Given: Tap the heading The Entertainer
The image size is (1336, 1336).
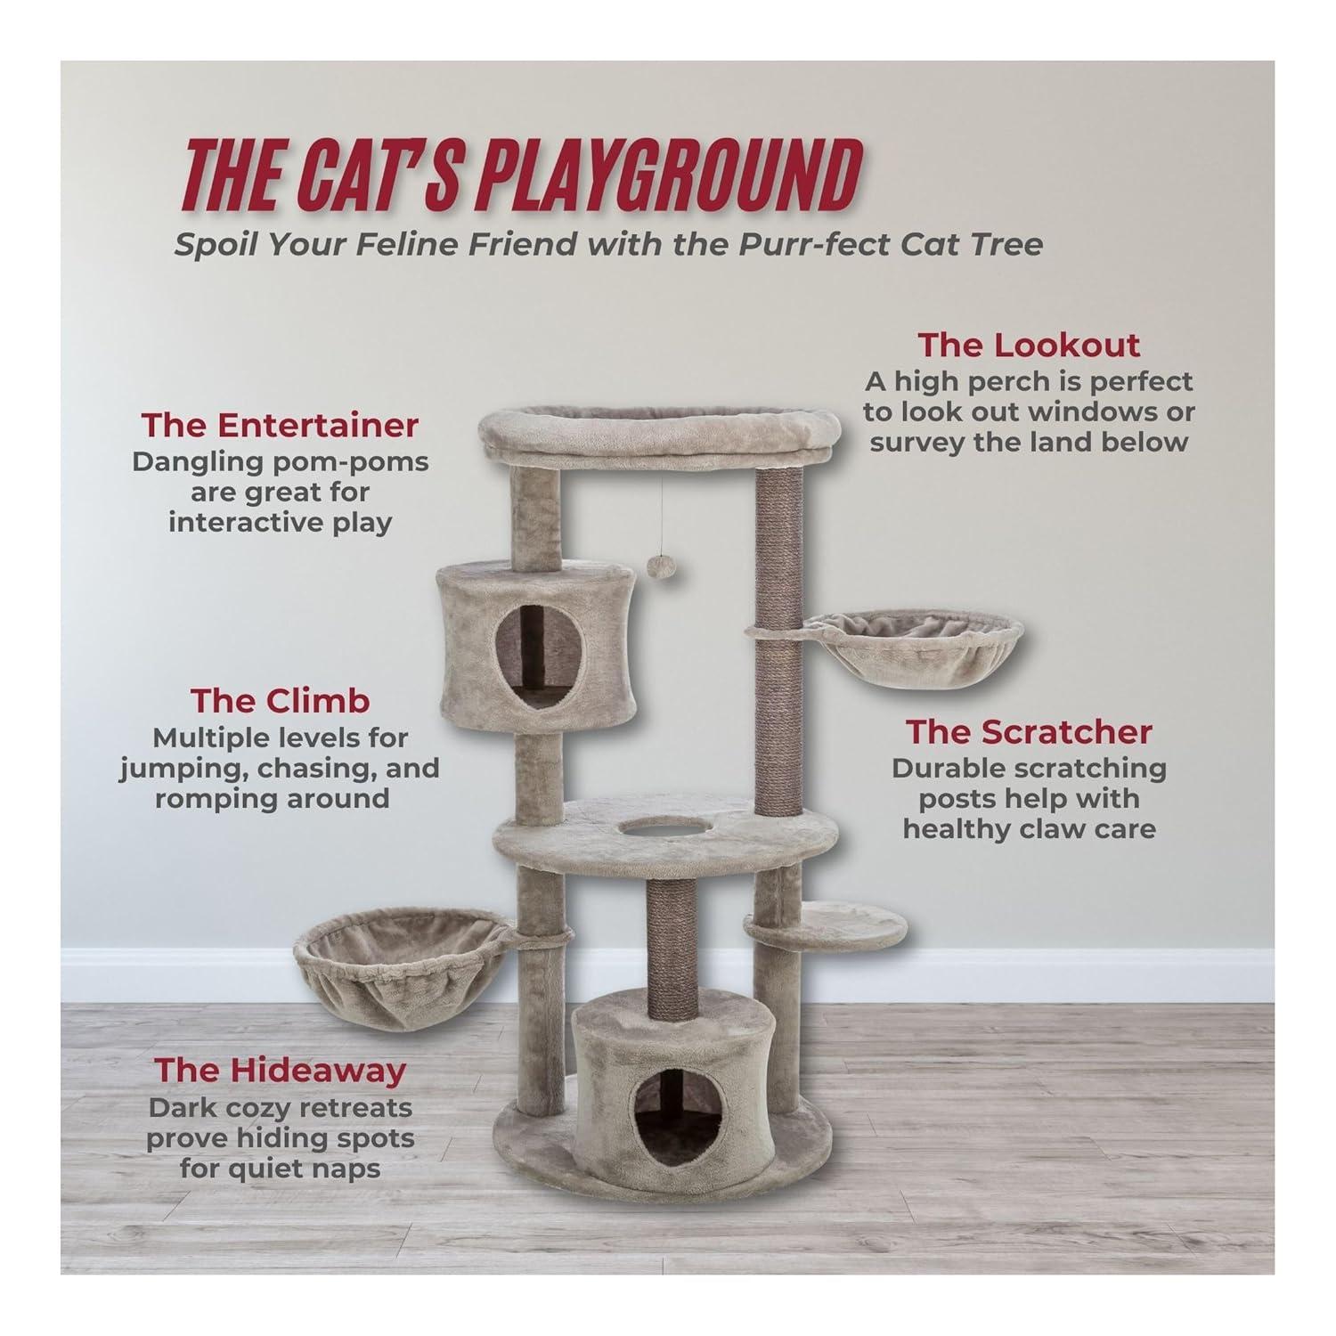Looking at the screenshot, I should click(x=279, y=425).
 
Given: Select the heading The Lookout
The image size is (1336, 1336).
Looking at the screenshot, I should click(x=1028, y=345).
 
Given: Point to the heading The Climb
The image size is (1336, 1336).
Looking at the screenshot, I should click(x=280, y=701).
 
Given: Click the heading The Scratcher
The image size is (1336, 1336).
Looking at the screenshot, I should click(x=1029, y=731).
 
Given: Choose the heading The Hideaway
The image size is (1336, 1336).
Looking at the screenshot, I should click(x=280, y=1070).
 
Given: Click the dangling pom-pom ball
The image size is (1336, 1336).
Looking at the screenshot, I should click(x=659, y=566).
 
